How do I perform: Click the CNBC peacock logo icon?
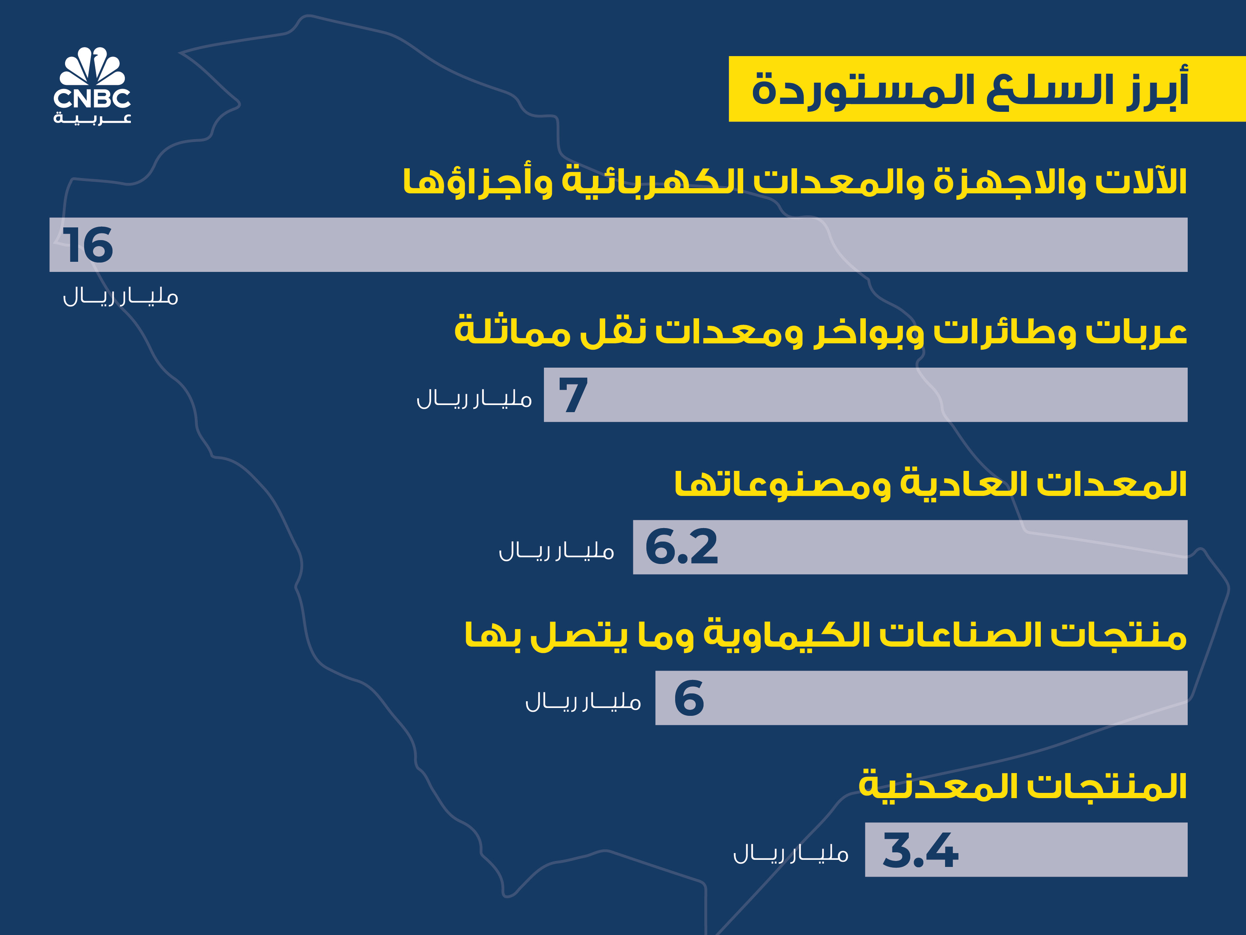(92, 67)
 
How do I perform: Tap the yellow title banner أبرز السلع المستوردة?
(987, 89)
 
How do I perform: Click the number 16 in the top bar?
(88, 245)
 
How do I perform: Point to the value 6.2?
(682, 547)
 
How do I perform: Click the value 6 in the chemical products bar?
(689, 698)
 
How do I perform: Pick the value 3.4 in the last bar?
(920, 850)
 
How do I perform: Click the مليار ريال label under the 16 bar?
(120, 297)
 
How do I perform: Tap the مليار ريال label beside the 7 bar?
(474, 398)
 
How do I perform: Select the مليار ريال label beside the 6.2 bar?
(557, 551)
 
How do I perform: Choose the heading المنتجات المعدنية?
(1022, 786)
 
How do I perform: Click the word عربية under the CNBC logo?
(92, 118)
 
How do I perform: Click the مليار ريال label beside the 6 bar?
(584, 702)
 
